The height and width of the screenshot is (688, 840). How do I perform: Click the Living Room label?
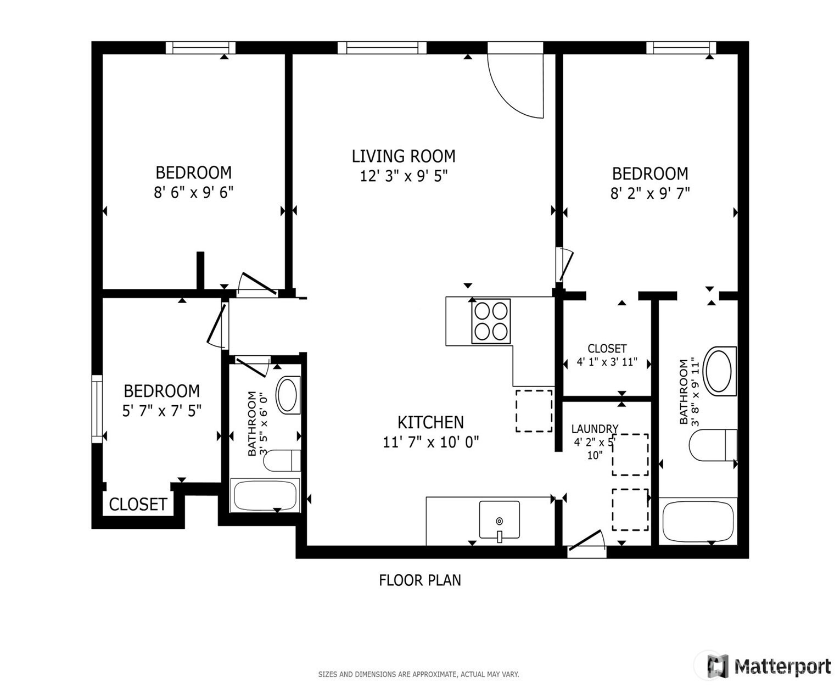coord(403,156)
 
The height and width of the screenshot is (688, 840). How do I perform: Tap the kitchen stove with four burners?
coord(491,321)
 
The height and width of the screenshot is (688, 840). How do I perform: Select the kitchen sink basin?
coord(499,519)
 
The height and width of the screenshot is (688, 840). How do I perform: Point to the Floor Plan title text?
coord(420,580)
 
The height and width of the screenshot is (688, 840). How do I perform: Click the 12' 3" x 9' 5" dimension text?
coord(404,176)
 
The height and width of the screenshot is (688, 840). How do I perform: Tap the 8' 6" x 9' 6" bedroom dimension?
coord(193,192)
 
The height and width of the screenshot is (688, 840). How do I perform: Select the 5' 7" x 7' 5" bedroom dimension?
coord(162,410)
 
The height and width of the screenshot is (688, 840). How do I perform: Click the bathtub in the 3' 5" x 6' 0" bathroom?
coord(265,495)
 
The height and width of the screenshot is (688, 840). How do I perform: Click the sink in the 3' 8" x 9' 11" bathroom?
coord(719,371)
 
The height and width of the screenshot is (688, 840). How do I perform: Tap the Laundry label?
coord(595,429)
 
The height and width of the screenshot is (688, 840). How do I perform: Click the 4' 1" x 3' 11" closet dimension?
coord(607,362)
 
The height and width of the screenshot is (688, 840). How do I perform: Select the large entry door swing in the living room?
coord(516,86)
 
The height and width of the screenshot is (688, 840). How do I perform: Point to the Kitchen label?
coord(430,422)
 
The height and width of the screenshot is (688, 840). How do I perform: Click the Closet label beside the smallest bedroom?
coord(138,505)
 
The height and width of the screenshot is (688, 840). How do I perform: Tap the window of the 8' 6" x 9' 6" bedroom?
coord(200,47)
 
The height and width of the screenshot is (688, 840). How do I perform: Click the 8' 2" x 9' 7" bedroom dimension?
coord(650,193)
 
